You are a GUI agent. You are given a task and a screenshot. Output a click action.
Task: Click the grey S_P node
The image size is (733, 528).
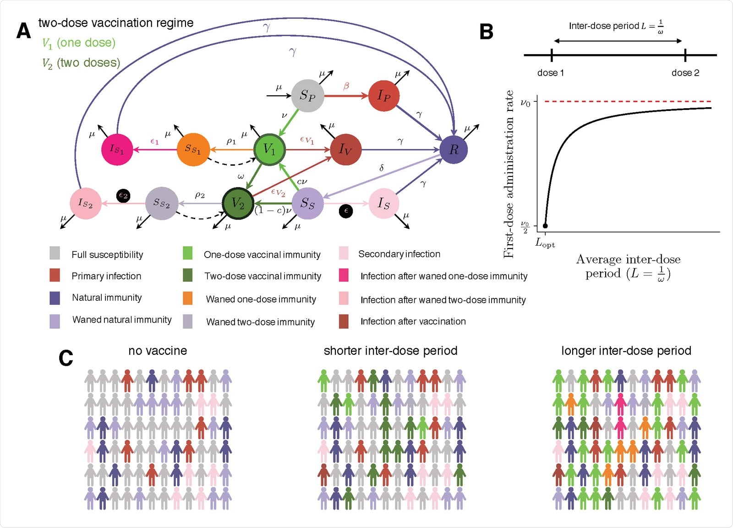307,96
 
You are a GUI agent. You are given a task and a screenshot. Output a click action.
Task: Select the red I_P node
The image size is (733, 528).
384,96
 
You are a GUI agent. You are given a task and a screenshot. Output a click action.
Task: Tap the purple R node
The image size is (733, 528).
454,149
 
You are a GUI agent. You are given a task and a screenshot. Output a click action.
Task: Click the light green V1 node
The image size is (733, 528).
270,149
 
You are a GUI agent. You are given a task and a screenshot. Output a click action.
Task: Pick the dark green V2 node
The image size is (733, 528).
238,203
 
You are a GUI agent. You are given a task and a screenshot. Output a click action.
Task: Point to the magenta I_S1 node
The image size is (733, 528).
117,149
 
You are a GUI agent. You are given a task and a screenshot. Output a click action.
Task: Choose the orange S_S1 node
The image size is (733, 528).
193,149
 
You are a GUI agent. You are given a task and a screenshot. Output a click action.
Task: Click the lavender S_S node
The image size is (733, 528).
307,203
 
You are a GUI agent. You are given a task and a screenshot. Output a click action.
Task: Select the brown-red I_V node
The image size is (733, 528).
345,149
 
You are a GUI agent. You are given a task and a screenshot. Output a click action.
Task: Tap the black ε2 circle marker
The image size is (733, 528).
123,196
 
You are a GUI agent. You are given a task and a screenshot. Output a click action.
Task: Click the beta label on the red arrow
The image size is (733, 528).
346,86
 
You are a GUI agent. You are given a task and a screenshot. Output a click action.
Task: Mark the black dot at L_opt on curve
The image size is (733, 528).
545,225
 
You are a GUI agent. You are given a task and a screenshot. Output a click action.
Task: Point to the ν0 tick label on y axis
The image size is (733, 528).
525,103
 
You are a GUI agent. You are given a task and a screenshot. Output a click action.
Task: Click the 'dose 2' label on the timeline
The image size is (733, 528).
685,73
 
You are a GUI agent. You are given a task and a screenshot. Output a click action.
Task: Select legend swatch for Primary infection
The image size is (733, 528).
55,275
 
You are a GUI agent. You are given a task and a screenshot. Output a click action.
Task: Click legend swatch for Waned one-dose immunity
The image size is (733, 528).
188,299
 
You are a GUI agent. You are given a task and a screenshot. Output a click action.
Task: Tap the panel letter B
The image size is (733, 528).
486,32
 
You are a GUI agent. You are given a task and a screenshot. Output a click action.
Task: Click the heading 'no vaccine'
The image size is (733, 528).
158,351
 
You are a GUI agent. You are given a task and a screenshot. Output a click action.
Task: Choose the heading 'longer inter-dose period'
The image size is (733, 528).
626,351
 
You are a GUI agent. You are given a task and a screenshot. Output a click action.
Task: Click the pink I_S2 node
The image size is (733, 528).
85,203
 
